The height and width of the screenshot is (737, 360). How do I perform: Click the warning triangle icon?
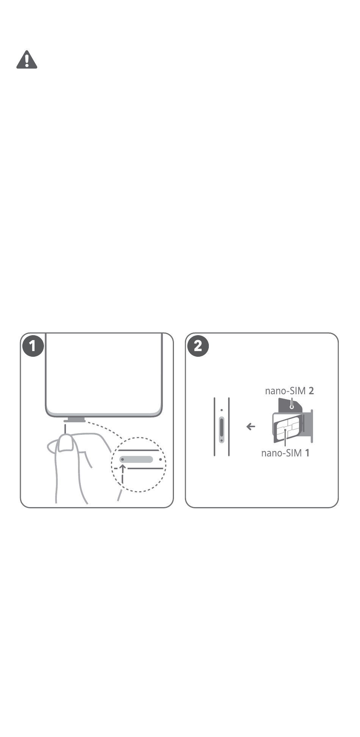27,60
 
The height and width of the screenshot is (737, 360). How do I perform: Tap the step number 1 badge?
33,346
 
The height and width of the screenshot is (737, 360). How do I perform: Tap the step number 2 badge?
198,346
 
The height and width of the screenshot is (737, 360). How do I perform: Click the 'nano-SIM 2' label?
290,391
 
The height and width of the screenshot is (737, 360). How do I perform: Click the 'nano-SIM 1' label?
285,453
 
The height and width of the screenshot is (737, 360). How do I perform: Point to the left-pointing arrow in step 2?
250,427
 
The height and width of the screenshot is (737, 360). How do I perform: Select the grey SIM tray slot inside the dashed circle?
136,459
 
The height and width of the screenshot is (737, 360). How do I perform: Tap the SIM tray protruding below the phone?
74,420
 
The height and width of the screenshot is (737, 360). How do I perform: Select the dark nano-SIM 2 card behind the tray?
290,405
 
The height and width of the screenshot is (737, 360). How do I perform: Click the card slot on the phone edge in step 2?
222,430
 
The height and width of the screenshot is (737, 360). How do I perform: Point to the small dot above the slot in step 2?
222,410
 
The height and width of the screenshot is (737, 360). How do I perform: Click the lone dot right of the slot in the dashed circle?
161,459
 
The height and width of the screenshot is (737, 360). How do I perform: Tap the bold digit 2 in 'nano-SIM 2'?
311,391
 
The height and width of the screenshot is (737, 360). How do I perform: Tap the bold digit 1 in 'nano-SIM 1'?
307,453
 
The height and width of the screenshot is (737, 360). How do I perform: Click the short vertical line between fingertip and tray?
66,429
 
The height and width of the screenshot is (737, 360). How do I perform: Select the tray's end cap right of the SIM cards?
312,426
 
